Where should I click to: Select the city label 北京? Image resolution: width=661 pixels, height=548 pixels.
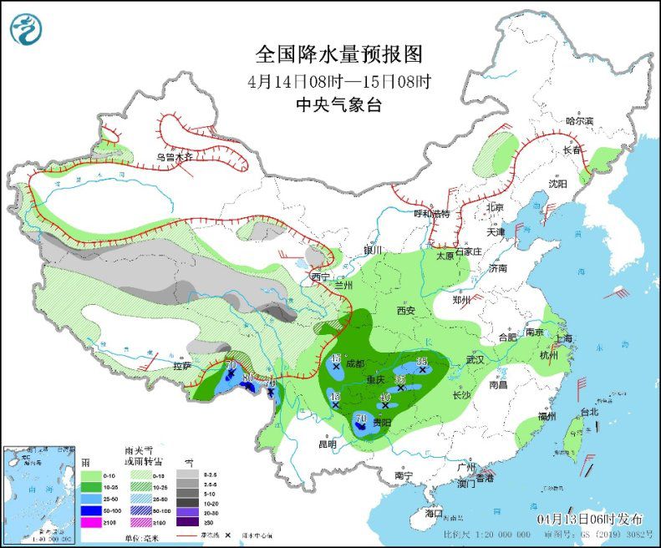tap(496, 207)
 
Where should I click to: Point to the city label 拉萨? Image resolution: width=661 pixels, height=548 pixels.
tap(182, 366)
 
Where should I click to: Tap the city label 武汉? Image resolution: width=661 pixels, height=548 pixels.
tap(476, 359)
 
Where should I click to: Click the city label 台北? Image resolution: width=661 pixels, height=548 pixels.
tap(589, 412)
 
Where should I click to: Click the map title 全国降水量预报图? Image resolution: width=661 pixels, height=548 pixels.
tap(338, 54)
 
